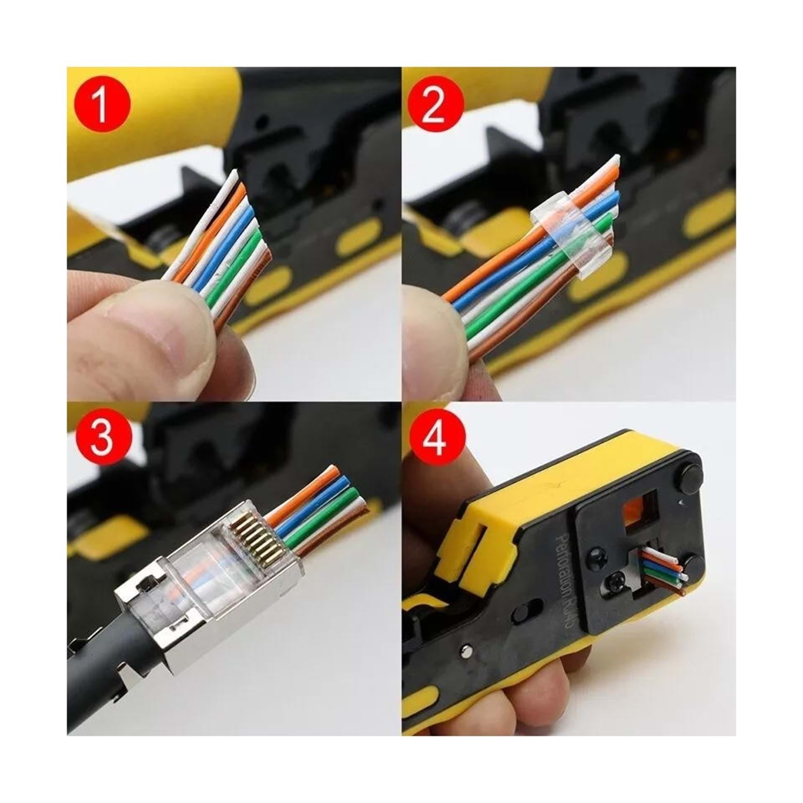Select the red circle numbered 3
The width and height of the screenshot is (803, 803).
click(x=102, y=437)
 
